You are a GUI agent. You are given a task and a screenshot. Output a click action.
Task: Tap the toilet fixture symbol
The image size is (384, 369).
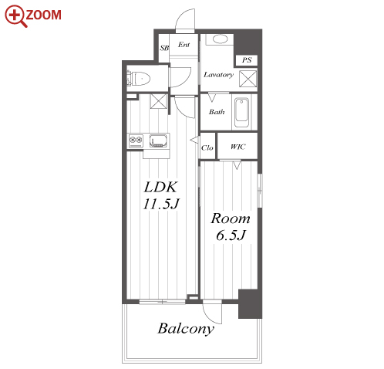138,78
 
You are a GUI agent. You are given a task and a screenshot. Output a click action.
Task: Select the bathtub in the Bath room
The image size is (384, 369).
241,113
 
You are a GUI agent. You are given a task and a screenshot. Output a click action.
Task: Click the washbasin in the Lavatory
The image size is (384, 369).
221,39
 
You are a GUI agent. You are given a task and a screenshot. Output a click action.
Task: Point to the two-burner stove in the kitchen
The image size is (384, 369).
136,141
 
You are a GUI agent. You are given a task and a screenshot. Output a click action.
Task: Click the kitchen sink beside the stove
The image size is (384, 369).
158,140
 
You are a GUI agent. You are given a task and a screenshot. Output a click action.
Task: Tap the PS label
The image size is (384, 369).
247,60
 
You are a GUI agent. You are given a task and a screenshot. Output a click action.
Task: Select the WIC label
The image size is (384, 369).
237,147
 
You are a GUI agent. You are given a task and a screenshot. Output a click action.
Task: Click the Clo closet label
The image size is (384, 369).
207,147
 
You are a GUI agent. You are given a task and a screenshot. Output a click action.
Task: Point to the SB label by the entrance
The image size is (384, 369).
164,48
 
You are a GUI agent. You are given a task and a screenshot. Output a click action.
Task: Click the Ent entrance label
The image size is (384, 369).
184,45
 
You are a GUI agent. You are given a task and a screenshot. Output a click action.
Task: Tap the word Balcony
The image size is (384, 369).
186,329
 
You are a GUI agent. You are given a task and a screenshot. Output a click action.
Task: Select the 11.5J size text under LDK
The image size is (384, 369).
161,204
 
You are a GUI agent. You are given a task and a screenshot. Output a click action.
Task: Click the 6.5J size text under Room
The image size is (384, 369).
231,235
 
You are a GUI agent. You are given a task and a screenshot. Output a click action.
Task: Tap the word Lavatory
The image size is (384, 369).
219,75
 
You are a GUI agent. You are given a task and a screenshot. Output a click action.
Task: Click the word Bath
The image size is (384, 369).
217,112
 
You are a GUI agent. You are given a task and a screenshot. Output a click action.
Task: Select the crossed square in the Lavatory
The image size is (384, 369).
248,79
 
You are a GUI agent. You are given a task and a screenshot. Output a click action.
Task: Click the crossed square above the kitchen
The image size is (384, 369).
159,101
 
